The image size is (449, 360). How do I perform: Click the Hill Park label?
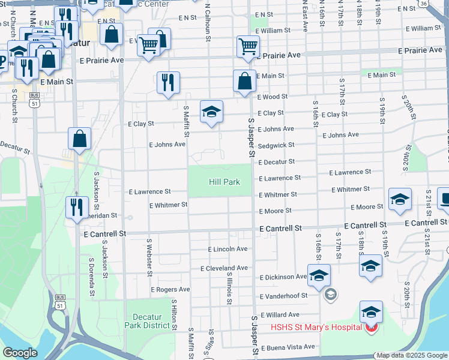pyautogui.click(x=224, y=181)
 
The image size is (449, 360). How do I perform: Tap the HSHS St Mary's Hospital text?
pyautogui.click(x=316, y=327)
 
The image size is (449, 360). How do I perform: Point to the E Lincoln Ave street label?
pyautogui.click(x=228, y=249)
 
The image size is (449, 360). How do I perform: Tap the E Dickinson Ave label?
pyautogui.click(x=283, y=277)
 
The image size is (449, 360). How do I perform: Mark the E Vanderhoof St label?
pyautogui.click(x=283, y=296)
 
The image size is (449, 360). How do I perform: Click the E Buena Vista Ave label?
pyautogui.click(x=288, y=347)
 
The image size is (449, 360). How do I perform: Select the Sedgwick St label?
pyautogui.click(x=276, y=145)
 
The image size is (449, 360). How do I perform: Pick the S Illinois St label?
pyautogui.click(x=229, y=287)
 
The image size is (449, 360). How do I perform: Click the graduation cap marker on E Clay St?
pyautogui.click(x=211, y=112)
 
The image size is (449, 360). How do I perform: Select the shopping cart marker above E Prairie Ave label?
pyautogui.click(x=248, y=46)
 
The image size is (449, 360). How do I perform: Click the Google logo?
pyautogui.click(x=20, y=353)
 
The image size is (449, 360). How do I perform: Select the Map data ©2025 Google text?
pyautogui.click(x=411, y=355)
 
